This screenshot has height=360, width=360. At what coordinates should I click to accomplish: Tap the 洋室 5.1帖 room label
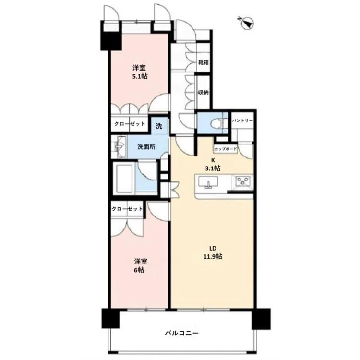point(140,72)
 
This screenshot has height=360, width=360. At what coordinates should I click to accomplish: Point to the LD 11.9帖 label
point(213,252)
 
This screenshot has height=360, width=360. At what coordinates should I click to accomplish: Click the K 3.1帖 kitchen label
point(213,164)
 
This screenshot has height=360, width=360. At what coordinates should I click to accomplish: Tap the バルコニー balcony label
point(181,333)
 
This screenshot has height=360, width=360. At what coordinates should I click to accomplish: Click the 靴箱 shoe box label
point(203,62)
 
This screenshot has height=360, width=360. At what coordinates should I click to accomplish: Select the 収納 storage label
point(203,92)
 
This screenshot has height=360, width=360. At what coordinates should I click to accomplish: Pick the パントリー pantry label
point(242,120)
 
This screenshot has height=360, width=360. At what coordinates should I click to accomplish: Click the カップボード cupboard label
point(226,149)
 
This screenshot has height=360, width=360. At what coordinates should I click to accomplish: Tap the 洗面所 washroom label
point(146,147)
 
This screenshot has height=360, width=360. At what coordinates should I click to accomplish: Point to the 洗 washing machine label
point(159,126)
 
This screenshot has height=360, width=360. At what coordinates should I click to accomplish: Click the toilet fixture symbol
point(219,123)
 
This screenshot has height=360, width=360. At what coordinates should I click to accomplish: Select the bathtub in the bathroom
point(124,178)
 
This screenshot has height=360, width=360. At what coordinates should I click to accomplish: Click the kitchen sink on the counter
point(208,182)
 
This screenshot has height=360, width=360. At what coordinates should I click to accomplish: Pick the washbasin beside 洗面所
point(119,146)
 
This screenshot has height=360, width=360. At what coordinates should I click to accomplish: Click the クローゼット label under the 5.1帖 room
point(130,124)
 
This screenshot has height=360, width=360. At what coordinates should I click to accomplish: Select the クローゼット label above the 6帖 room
point(127,209)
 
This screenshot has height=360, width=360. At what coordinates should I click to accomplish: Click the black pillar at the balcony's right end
point(261,319)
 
